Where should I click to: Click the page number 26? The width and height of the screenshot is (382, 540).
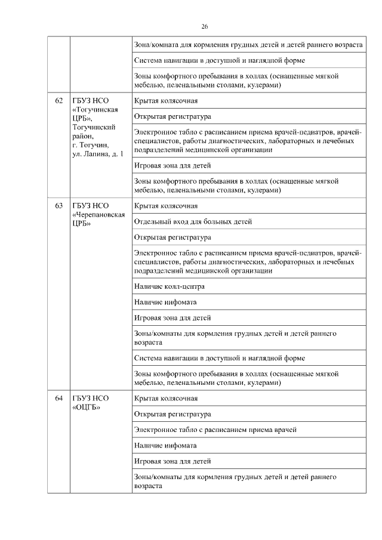pyautogui.click(x=204, y=26)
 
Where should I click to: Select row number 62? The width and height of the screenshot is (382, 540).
pyautogui.click(x=59, y=100)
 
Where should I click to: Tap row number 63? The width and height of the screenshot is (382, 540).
pyautogui.click(x=59, y=206)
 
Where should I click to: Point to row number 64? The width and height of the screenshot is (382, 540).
pyautogui.click(x=59, y=398)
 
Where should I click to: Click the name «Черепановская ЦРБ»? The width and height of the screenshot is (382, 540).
pyautogui.click(x=98, y=219)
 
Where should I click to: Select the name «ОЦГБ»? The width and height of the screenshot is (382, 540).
pyautogui.click(x=87, y=408)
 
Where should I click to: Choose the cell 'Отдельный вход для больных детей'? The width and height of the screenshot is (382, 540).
pyautogui.click(x=193, y=222)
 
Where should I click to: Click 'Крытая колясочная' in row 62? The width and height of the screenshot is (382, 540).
pyautogui.click(x=166, y=100)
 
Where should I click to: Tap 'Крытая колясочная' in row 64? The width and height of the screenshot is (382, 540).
pyautogui.click(x=166, y=398)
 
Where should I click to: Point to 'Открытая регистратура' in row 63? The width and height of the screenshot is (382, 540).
pyautogui.click(x=172, y=237)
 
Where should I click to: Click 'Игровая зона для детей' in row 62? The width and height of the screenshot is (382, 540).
pyautogui.click(x=172, y=165)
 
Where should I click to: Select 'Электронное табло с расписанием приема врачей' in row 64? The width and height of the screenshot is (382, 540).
pyautogui.click(x=215, y=430)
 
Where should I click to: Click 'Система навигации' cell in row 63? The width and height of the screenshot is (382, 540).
pyautogui.click(x=220, y=358)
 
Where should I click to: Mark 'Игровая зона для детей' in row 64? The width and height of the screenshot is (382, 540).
pyautogui.click(x=172, y=461)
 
